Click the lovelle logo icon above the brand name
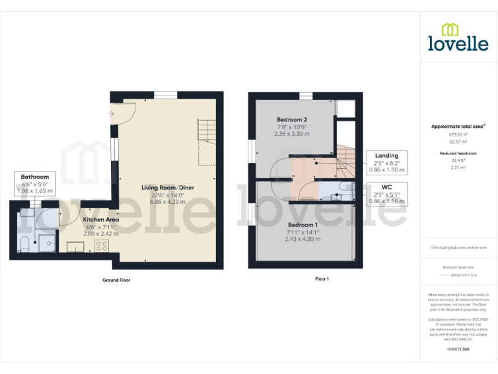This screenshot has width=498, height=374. tap(448, 30)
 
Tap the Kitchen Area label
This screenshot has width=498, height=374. tap(101, 219)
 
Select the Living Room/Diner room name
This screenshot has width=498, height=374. tap(168, 188)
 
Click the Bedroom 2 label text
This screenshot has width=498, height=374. tap(291, 119)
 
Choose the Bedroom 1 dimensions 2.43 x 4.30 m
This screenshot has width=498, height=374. tap(302, 239)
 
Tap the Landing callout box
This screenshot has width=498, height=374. tap(387, 162)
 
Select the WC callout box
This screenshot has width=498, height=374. tap(387, 194)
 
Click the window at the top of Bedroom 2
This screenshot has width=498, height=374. tap(305, 96)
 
